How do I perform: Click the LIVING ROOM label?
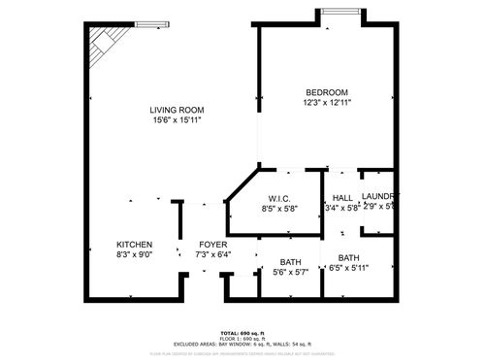coord(177,110)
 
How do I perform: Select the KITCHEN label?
coord(134,244)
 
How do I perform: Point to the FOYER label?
coord(212,244)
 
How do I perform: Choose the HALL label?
coord(341,196)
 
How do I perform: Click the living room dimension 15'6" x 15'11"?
coord(177,120)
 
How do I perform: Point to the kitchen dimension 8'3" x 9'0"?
coord(134,254)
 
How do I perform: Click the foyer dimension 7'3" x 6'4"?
coord(212,254)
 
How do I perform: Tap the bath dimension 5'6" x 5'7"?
coord(290,273)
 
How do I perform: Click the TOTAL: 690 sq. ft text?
coord(242,332)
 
